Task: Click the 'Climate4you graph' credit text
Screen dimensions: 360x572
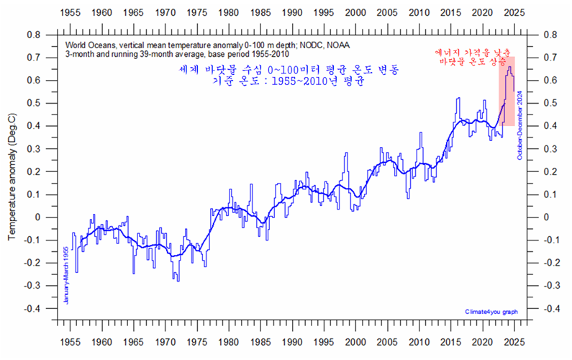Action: (x=491, y=311)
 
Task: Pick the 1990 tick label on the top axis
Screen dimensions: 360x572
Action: (x=292, y=13)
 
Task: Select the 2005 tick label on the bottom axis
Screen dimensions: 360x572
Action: (x=387, y=343)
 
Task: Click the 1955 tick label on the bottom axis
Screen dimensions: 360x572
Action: (x=71, y=343)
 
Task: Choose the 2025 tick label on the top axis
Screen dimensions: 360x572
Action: (x=514, y=13)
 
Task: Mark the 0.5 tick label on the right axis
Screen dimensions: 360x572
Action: (x=553, y=103)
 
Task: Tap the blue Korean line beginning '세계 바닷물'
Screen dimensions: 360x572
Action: (x=289, y=70)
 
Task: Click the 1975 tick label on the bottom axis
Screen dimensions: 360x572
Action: (x=197, y=343)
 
